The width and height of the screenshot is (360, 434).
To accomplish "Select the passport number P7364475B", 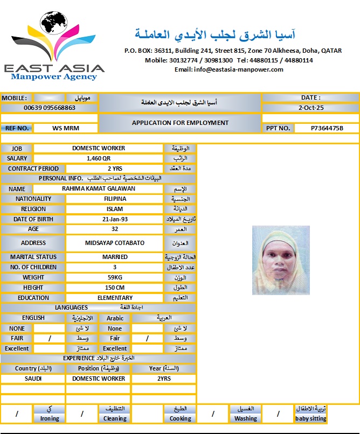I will [327, 128].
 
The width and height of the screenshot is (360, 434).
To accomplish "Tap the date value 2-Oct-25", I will [310, 108].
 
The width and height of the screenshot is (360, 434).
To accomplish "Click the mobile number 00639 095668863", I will [50, 108].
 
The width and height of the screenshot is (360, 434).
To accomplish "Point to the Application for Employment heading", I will [180, 123].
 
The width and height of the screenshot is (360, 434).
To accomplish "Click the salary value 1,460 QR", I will [99, 158].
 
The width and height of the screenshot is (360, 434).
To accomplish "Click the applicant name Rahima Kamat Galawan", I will [99, 188].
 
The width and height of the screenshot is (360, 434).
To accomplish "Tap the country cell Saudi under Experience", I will [33, 379].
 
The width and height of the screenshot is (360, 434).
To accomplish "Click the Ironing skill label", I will [50, 418].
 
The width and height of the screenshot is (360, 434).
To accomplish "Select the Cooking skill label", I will [181, 418].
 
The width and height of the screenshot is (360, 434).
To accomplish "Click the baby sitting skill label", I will [310, 418].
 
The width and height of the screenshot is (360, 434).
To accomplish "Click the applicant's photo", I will [281, 260].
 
